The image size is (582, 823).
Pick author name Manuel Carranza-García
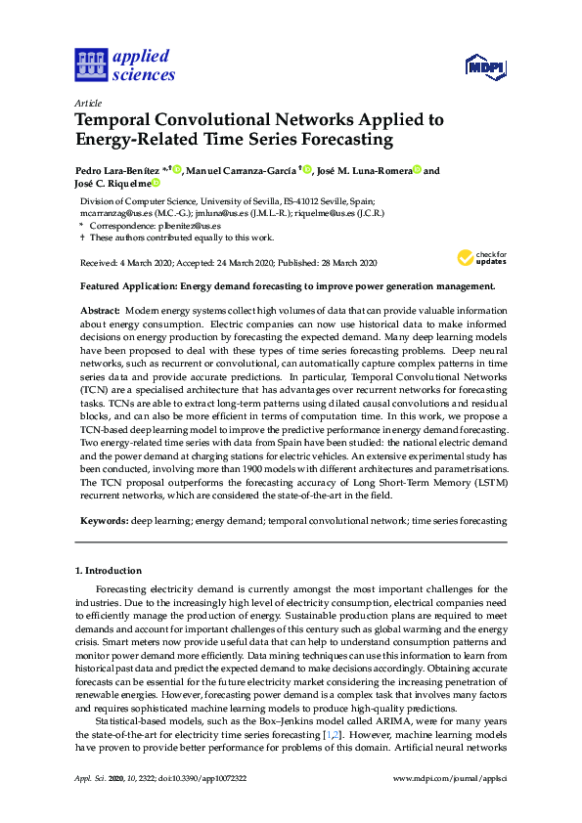(238, 170)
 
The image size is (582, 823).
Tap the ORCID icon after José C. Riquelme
(155, 183)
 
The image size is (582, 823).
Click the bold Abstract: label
(100, 309)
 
